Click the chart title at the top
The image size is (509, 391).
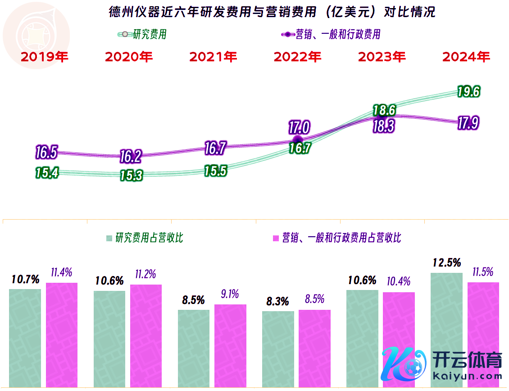tap(272, 12)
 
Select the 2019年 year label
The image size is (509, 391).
tap(44, 57)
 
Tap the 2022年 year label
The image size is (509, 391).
tap(297, 57)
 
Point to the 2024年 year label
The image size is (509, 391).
tap(466, 57)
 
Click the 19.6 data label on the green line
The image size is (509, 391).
tap(468, 92)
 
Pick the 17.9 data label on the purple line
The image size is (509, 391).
tap(468, 123)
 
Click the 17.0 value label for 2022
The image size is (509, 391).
tap(299, 128)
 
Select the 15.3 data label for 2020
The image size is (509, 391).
tap(131, 175)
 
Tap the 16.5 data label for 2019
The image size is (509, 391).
tap(46, 152)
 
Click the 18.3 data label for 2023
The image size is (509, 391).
tap(384, 126)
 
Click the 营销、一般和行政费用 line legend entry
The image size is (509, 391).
tap(331, 34)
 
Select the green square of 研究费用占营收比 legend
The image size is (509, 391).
tap(109, 238)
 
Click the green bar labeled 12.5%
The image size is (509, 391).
tap(446, 329)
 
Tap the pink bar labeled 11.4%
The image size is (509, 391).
tap(62, 334)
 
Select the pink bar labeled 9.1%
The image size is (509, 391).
tap(230, 345)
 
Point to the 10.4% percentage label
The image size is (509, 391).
tap(399, 282)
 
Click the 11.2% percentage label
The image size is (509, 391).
tap(145, 274)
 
